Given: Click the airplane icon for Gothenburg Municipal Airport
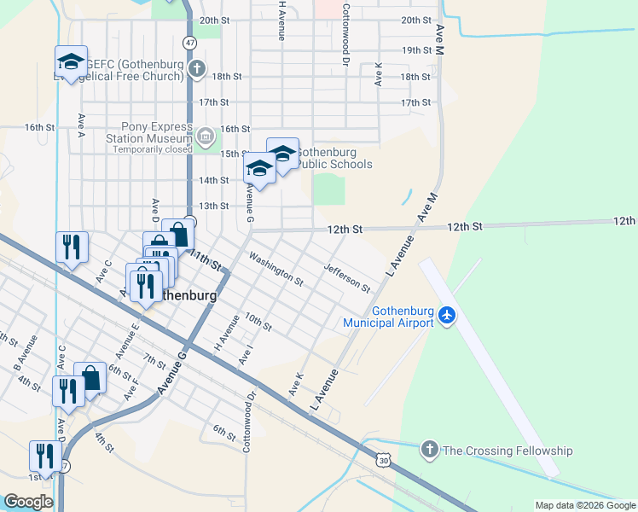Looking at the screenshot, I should coord(447,317).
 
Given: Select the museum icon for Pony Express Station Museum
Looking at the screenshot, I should coord(206,136).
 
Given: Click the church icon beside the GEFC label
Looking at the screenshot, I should coord(197,69).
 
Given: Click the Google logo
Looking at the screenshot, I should coord(27,502).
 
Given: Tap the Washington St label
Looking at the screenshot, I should coord(275,268).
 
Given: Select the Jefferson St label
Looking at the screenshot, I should coord(347,277).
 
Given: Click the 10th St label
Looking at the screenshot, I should coord(258,322).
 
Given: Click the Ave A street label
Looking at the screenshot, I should coord(82,125).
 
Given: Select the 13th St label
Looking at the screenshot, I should coord(213,207).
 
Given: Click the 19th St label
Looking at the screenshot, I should coord(416,50).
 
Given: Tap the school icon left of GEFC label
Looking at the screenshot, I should coord(72,62).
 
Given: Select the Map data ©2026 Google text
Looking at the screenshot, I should coord(584,505).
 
